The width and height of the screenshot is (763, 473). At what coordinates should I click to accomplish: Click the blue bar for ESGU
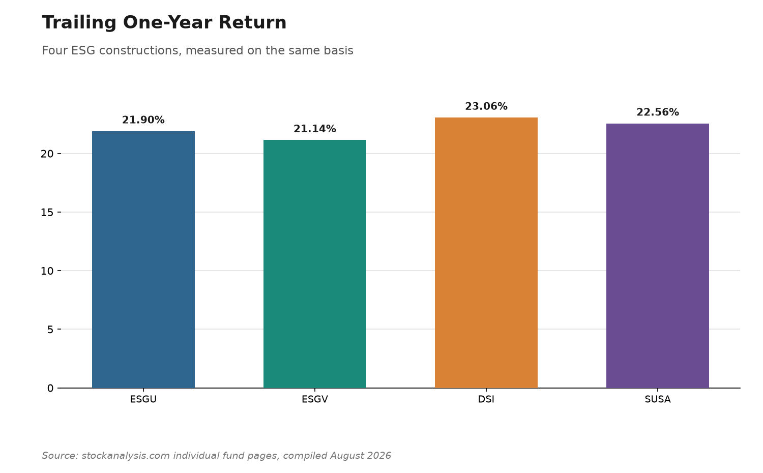143,259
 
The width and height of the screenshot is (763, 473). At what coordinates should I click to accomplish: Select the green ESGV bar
315,264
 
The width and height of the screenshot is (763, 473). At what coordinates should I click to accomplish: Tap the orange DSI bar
486,253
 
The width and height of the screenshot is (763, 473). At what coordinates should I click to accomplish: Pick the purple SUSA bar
657,256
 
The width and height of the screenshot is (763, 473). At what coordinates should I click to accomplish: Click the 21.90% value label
143,120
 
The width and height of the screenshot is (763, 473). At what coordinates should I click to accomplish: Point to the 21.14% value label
315,129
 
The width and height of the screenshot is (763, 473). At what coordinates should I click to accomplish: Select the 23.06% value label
486,106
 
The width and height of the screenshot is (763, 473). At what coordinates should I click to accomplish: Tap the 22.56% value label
657,112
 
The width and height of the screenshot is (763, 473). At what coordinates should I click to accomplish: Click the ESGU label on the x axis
143,399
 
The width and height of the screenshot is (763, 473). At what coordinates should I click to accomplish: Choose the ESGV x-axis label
315,399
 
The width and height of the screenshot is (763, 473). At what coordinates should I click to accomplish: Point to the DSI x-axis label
486,399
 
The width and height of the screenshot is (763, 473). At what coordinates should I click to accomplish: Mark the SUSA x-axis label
657,399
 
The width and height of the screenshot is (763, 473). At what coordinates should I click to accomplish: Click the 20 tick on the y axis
47,154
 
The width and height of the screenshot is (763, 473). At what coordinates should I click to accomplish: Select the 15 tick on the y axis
47,213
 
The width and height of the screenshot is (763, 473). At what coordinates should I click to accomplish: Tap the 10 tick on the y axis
47,271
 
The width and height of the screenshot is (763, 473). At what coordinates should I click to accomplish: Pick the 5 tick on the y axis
50,330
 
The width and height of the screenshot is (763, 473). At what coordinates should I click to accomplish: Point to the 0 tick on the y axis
50,388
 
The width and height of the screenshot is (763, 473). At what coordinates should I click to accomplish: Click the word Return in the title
252,23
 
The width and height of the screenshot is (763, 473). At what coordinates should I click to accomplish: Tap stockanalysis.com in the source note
126,456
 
